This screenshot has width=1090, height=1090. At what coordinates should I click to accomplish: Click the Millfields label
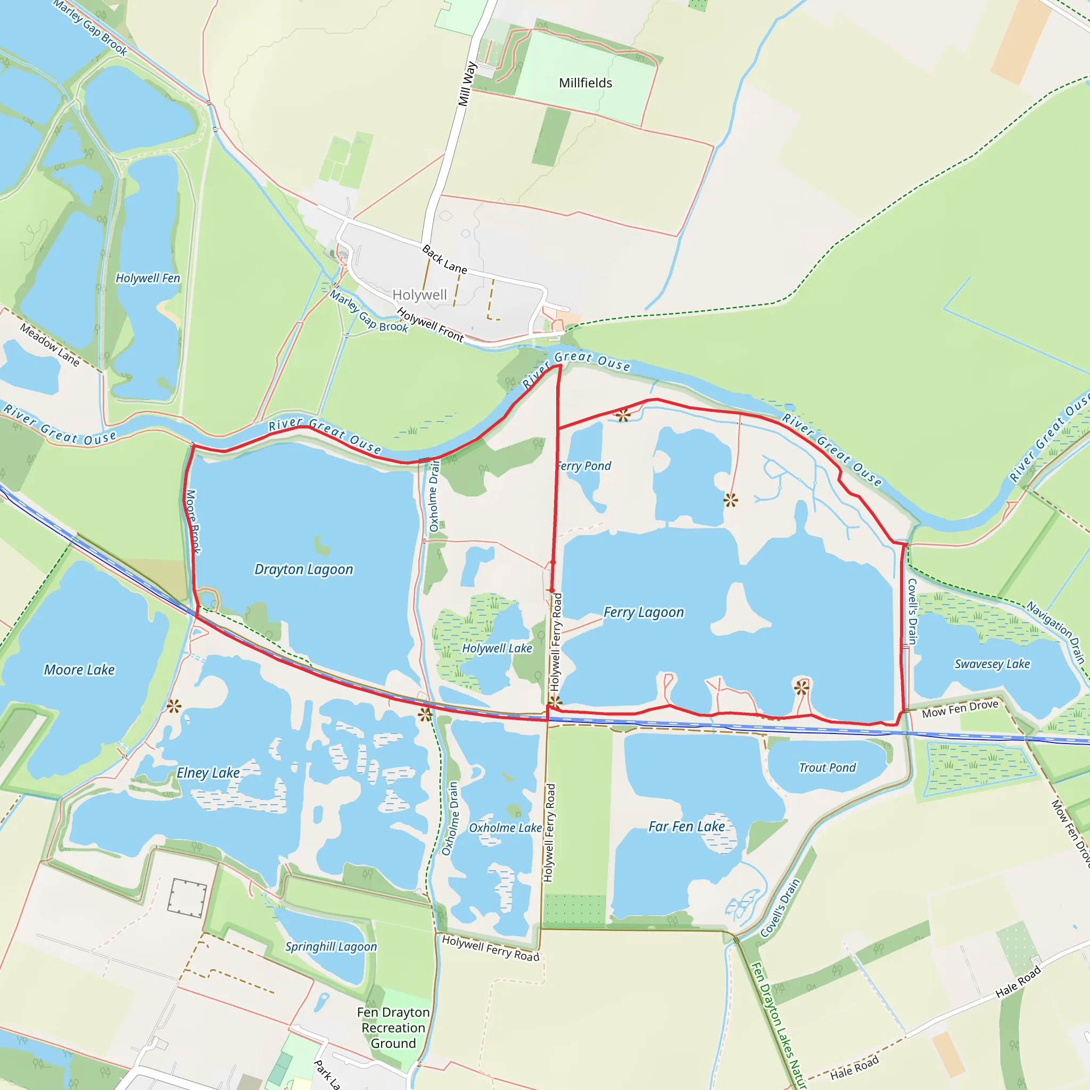click(x=585, y=83)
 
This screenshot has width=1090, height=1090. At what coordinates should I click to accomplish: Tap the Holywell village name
click(x=419, y=294)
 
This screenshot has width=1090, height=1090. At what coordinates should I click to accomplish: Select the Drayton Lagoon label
click(x=303, y=569)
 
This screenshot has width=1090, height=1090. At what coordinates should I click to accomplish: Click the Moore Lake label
click(x=79, y=670)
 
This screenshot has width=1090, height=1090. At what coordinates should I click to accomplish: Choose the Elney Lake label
click(x=208, y=773)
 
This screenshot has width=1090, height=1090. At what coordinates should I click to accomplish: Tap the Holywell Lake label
click(x=497, y=649)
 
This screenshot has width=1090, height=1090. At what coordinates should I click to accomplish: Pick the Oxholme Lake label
click(x=505, y=828)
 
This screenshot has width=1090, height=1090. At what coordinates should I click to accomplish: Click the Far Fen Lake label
click(x=686, y=827)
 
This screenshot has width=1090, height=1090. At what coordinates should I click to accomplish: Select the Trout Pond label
click(x=827, y=767)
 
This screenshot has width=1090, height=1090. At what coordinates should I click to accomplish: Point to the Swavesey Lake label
click(x=992, y=664)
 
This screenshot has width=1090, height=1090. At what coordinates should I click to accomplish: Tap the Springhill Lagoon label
click(x=331, y=947)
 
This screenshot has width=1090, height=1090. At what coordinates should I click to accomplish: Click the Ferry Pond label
click(x=583, y=466)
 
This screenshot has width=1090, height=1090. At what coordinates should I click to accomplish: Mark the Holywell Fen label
click(x=147, y=278)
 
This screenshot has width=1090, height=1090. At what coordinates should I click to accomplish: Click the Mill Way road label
click(x=467, y=84)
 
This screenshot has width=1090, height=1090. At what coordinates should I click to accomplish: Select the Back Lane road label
click(x=444, y=260)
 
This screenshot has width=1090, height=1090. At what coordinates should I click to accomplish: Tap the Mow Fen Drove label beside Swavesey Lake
click(x=960, y=709)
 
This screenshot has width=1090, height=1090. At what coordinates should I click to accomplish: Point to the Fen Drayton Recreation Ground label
click(x=393, y=1028)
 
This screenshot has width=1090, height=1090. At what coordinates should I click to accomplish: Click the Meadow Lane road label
click(x=49, y=345)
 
